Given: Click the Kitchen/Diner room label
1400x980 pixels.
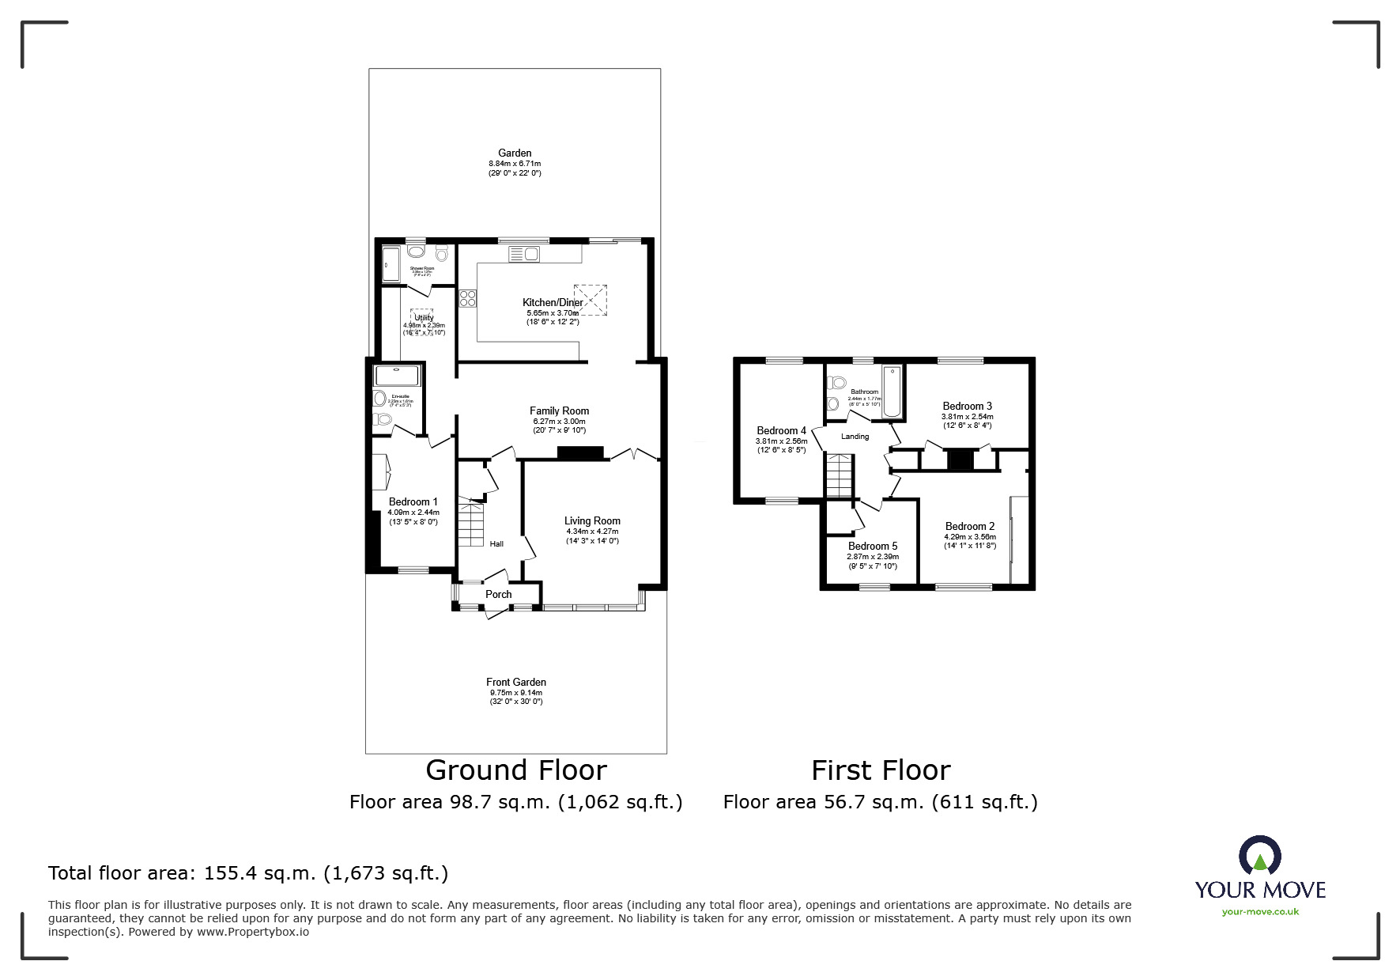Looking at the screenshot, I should click(x=553, y=302).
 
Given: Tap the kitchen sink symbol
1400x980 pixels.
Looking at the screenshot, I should click(x=523, y=254).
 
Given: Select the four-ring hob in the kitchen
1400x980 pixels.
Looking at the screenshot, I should click(x=467, y=298).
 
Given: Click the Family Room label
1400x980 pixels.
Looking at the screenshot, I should click(x=559, y=411).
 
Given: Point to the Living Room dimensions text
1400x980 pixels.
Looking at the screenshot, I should click(x=592, y=536).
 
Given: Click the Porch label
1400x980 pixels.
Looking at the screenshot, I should click(x=498, y=594).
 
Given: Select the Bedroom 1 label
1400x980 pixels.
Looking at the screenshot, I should click(x=413, y=501).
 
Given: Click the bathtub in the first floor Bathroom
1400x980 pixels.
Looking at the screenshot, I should click(x=892, y=392).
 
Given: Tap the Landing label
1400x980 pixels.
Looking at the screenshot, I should click(x=855, y=437).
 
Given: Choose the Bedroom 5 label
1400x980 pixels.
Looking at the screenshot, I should click(x=873, y=546).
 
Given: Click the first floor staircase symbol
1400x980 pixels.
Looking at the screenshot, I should click(x=840, y=475).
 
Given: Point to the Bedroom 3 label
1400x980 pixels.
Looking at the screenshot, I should click(x=967, y=406).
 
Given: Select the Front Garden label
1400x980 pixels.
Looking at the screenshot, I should click(x=516, y=682).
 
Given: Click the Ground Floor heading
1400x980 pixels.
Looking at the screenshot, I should click(x=516, y=770).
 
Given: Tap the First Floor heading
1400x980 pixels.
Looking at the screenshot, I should click(x=881, y=770).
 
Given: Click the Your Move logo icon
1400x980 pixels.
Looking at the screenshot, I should click(x=1259, y=856).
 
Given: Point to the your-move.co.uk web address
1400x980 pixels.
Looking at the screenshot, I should click(x=1260, y=912).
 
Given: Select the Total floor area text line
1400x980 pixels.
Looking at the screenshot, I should click(x=248, y=873).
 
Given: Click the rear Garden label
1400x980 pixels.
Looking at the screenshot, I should click(x=515, y=153).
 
